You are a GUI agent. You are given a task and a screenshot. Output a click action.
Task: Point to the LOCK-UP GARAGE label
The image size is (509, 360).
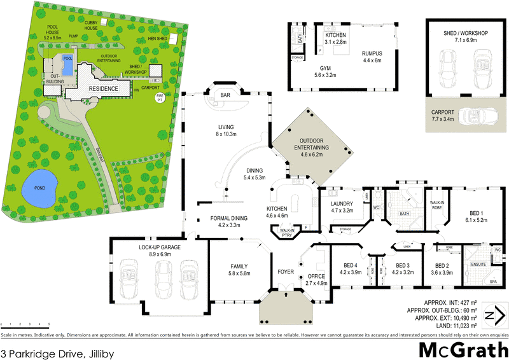(x=160, y=246)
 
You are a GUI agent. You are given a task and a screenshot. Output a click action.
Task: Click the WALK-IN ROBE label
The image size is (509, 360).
(x=436, y=204)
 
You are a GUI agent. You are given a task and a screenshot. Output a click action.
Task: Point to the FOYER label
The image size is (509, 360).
(x=286, y=272)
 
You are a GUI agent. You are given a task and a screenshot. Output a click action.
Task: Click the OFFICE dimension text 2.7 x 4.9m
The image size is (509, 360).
(x=316, y=284)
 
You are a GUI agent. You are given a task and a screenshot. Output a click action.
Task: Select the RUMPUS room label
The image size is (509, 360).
(x=372, y=53)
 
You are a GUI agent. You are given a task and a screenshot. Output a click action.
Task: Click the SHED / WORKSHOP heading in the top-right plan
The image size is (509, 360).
(x=466, y=33)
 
